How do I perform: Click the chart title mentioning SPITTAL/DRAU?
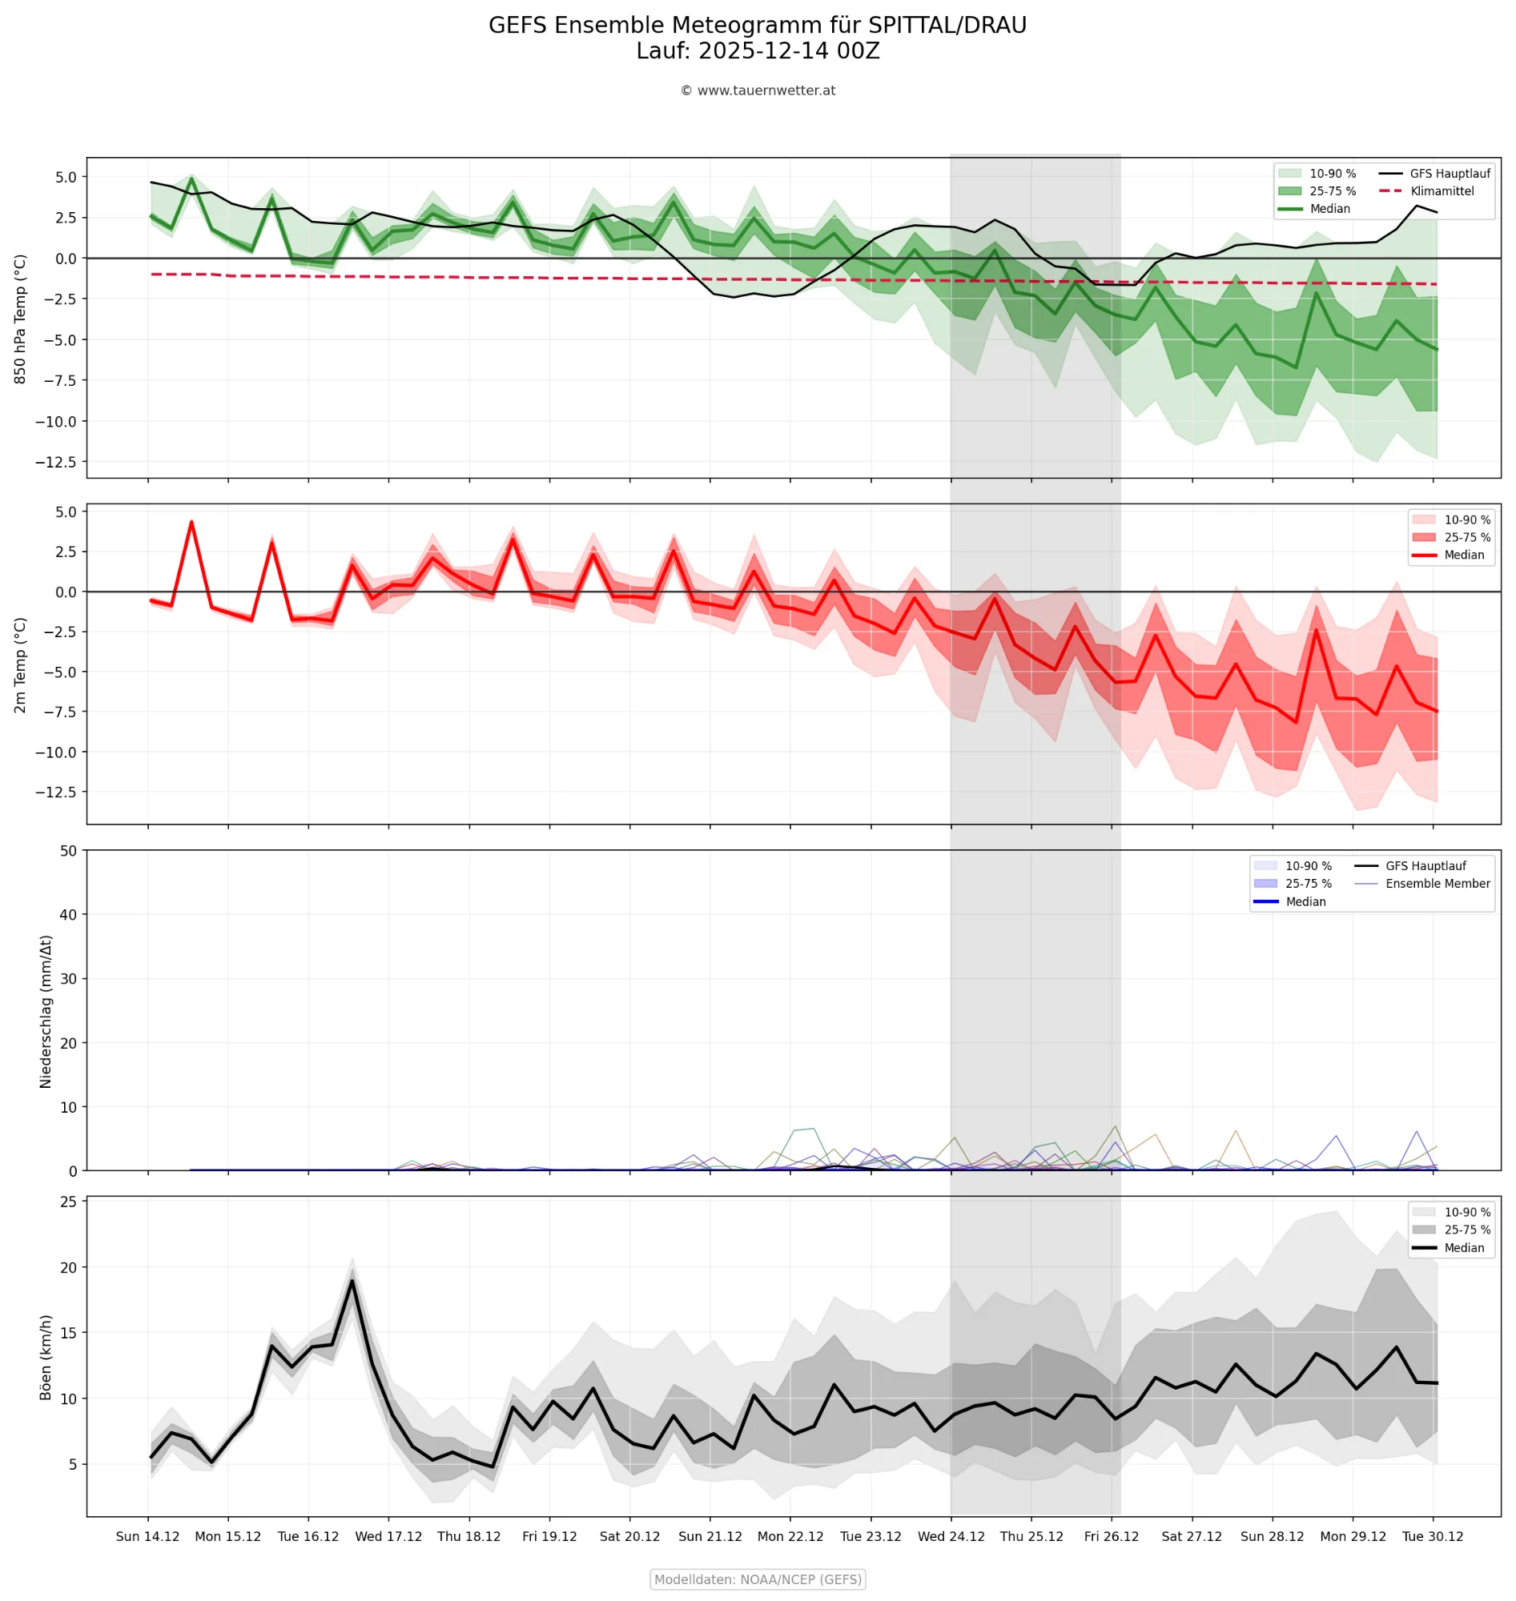point(757,26)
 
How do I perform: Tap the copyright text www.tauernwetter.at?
point(757,90)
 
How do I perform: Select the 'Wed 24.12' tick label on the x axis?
point(951,1536)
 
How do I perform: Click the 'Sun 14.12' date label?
point(148,1536)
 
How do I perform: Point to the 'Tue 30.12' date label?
point(1433,1536)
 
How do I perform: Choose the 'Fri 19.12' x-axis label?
point(549,1536)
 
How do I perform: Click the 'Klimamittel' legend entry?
point(1442,191)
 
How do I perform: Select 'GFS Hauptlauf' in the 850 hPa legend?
point(1450,174)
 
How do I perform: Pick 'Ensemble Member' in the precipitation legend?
point(1438,884)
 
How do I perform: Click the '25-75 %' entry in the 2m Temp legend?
point(1466,537)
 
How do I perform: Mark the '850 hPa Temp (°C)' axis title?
point(21,319)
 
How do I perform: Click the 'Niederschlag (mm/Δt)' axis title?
point(46,1011)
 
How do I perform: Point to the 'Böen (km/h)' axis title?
point(46,1357)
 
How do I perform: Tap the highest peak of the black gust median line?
point(352,1280)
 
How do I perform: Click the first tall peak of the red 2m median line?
point(191,522)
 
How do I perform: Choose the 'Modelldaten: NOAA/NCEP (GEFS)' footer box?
point(757,1579)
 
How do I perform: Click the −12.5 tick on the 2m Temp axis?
point(56,792)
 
